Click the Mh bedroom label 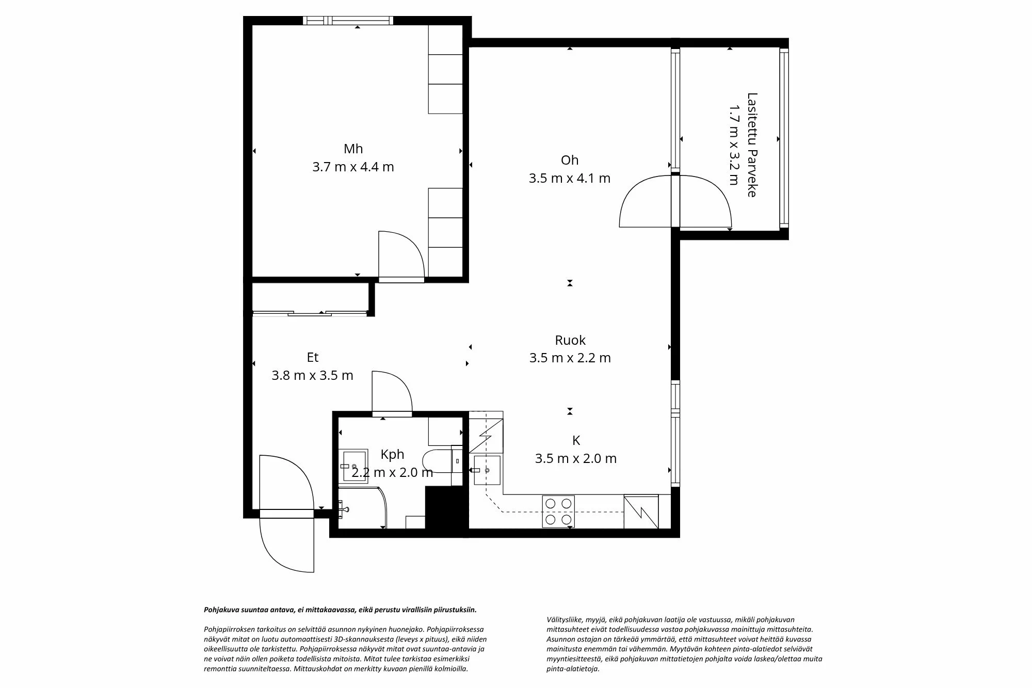[x=353, y=149]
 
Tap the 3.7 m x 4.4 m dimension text [x=353, y=167]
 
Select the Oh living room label [x=569, y=160]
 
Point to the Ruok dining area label [x=570, y=340]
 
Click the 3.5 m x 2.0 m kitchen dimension [x=575, y=458]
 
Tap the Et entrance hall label [x=312, y=357]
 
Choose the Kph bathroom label [x=392, y=454]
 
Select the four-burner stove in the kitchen [x=558, y=511]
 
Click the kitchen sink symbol [x=487, y=470]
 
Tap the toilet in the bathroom [x=436, y=461]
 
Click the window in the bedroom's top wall [x=349, y=21]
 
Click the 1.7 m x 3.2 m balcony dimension [x=734, y=145]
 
